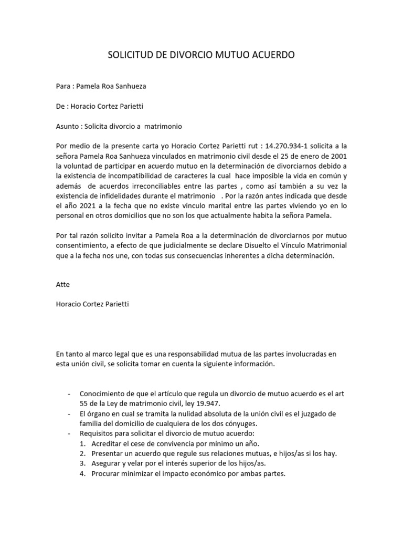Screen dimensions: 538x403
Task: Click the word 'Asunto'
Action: pyautogui.click(x=68, y=126)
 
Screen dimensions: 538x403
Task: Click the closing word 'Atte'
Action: pyautogui.click(x=62, y=284)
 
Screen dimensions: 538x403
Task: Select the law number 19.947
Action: pyautogui.click(x=205, y=403)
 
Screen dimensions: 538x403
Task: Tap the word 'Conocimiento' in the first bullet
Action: pyautogui.click(x=103, y=394)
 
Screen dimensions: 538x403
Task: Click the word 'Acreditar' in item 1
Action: pyautogui.click(x=107, y=443)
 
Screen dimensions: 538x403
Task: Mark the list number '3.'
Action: pyautogui.click(x=83, y=463)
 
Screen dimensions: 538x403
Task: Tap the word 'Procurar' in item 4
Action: pyautogui.click(x=107, y=473)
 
